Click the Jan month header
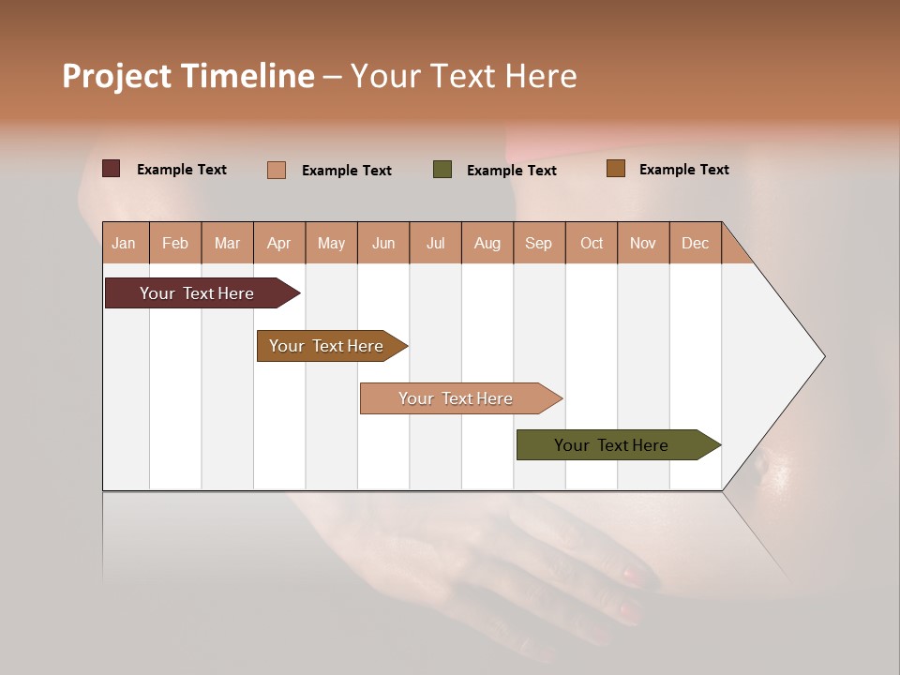tap(124, 243)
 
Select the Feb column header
tap(175, 243)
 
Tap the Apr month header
tap(278, 243)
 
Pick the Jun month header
tap(383, 243)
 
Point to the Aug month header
tap(487, 243)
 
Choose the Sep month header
tap(538, 243)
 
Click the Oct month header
tap(592, 243)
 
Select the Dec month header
tap(695, 243)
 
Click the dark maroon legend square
tap(112, 169)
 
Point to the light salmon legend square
tap(277, 170)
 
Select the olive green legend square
tap(442, 170)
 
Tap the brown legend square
tap(615, 169)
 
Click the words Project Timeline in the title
tap(188, 76)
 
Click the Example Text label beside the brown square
tap(683, 170)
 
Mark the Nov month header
tap(643, 243)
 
